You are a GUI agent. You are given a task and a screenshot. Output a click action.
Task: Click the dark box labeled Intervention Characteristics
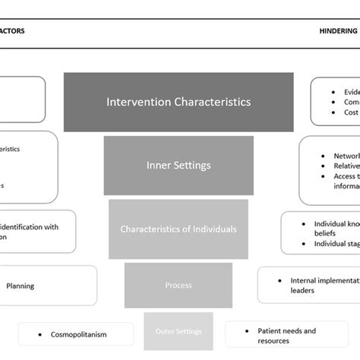point(178,101)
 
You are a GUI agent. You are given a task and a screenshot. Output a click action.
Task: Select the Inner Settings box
point(178,165)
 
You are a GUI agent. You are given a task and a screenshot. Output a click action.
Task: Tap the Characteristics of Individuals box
point(178,229)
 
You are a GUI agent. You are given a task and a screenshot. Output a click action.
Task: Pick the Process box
point(178,286)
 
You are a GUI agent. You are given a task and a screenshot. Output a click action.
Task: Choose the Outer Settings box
point(178,330)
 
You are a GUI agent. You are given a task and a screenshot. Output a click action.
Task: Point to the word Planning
point(20,286)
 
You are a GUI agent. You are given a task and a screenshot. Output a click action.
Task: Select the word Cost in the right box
point(351,112)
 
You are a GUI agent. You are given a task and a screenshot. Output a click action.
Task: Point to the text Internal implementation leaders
point(323,285)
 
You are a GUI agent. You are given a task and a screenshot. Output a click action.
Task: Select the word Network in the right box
point(346,156)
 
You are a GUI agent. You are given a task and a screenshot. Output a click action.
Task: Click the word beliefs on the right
point(326,235)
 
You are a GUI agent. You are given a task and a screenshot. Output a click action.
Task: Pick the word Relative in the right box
point(346,166)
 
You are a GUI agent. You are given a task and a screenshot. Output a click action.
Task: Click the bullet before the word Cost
point(334,112)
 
